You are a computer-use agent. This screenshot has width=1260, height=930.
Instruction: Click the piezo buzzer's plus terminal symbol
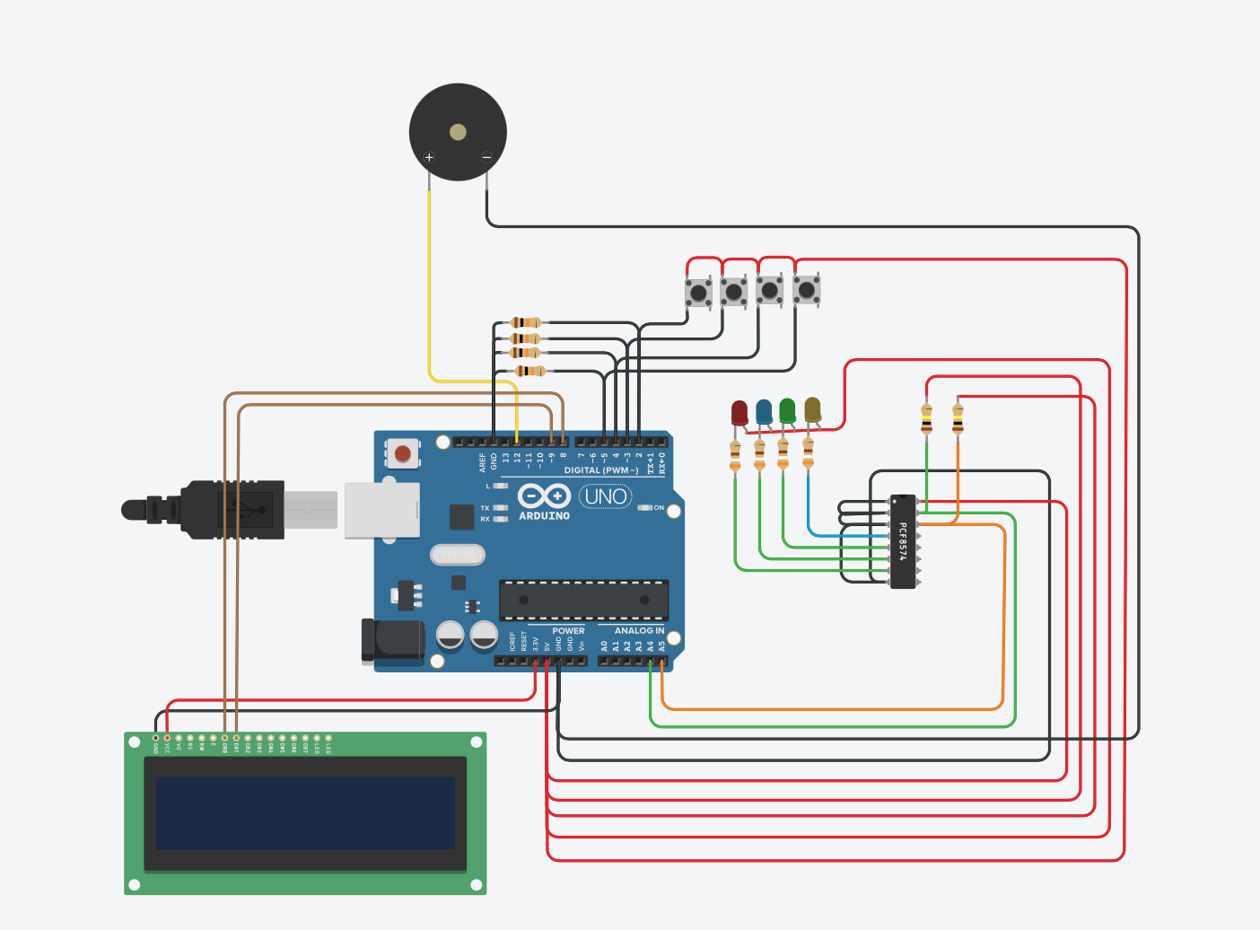pyautogui.click(x=429, y=158)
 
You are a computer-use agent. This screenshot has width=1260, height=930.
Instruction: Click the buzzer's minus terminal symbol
pyautogui.click(x=486, y=158)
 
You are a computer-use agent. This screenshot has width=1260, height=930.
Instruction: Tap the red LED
pyautogui.click(x=739, y=412)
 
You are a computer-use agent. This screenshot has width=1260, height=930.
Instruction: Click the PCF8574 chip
pyautogui.click(x=903, y=541)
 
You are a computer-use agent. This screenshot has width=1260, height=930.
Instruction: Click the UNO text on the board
pyautogui.click(x=606, y=496)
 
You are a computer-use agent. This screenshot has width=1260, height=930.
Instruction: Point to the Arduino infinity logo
pyautogui.click(x=544, y=496)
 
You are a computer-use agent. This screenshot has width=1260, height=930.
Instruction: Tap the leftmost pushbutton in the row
pyautogui.click(x=698, y=292)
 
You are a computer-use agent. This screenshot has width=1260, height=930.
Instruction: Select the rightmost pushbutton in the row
pyautogui.click(x=806, y=289)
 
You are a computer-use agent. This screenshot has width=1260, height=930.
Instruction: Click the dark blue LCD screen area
pyautogui.click(x=305, y=813)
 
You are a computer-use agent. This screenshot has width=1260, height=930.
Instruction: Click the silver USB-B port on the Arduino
pyautogui.click(x=382, y=510)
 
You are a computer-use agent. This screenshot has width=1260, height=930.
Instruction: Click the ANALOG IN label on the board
pyautogui.click(x=639, y=631)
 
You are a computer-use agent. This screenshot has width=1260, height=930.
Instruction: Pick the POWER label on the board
pyautogui.click(x=568, y=631)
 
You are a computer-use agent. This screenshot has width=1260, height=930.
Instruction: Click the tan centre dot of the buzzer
pyautogui.click(x=458, y=133)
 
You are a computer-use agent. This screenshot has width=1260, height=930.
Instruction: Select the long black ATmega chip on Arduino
pyautogui.click(x=583, y=600)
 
